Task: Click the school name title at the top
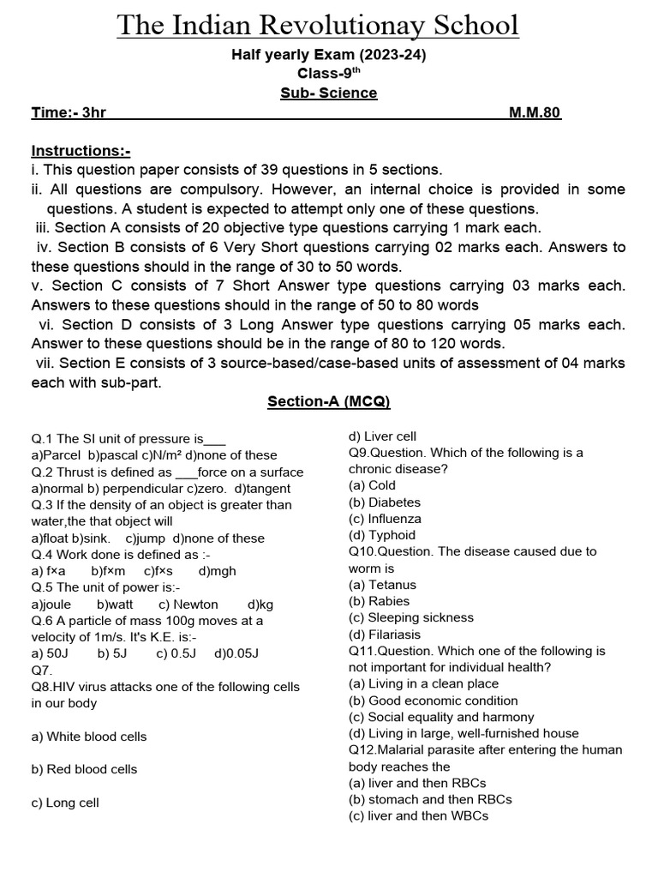coord(318,26)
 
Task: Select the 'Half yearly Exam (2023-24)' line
coord(329,55)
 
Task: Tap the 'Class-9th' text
coord(329,73)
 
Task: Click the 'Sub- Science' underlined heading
coord(328,93)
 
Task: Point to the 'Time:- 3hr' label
coord(69,112)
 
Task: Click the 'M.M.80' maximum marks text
coord(529,112)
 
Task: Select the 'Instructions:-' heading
coord(81,150)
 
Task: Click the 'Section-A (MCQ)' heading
coord(329,400)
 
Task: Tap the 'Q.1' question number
coord(42,439)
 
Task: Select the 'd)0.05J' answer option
coord(236,653)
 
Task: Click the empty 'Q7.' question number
coord(42,670)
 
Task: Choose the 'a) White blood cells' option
coord(88,736)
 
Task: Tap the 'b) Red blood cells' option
coord(84,769)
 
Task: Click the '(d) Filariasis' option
coord(385,634)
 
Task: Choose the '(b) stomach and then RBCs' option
coord(430,799)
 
